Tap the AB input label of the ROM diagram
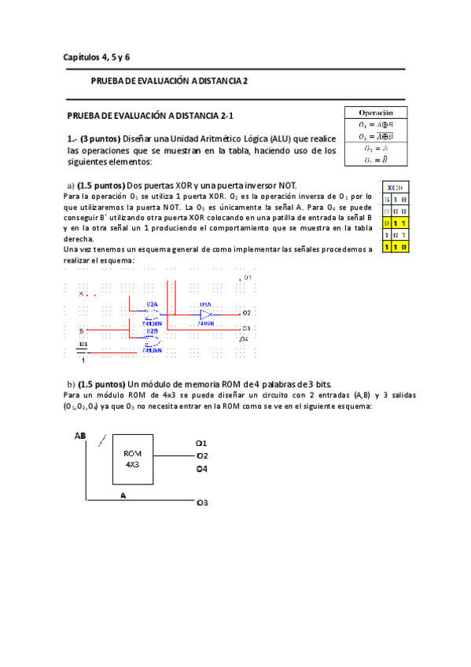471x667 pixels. pyautogui.click(x=80, y=436)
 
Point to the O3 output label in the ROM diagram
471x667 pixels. pyautogui.click(x=202, y=502)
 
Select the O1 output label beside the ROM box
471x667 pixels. pyautogui.click(x=202, y=444)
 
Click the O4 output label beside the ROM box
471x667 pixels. pyautogui.click(x=202, y=470)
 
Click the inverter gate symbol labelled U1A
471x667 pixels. pyautogui.click(x=204, y=313)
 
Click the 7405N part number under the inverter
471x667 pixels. pyautogui.click(x=205, y=322)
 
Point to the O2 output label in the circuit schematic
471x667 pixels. pyautogui.click(x=246, y=313)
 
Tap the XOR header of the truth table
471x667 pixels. pyautogui.click(x=393, y=187)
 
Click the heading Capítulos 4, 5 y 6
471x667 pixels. pyautogui.click(x=97, y=57)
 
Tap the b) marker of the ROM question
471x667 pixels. pyautogui.click(x=71, y=383)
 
